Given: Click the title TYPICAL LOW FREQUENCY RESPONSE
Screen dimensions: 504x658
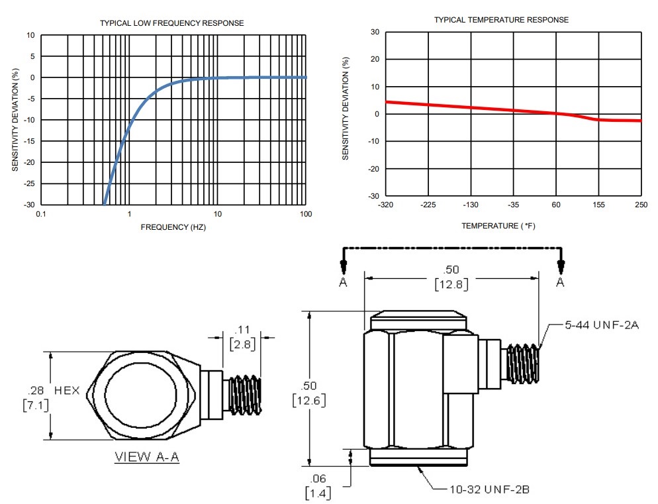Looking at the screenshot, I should point(171,23).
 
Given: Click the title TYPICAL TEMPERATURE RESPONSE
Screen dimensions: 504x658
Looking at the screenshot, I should point(501,20).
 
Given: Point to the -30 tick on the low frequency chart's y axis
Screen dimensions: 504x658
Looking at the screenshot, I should point(30,205).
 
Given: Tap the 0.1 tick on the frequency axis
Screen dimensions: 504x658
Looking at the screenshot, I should point(41,214).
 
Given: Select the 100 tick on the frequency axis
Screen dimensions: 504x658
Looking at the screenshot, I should point(306,214).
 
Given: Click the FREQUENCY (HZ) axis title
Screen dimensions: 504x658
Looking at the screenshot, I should point(173,227).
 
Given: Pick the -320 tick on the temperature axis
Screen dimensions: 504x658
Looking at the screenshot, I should point(385,205).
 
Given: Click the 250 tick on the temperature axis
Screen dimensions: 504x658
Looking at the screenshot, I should point(641,205).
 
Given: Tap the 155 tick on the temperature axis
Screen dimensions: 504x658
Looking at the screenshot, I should point(598,205).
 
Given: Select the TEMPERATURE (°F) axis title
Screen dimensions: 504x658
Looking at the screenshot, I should point(501,226).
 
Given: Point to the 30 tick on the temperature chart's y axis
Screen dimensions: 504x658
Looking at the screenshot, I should point(375,32).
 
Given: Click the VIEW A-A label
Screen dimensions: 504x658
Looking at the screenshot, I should point(147,457).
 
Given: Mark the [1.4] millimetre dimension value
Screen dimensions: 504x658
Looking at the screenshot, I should point(318,492).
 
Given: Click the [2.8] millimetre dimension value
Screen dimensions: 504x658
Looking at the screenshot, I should point(241,344).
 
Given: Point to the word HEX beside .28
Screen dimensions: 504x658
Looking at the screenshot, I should point(67,391).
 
